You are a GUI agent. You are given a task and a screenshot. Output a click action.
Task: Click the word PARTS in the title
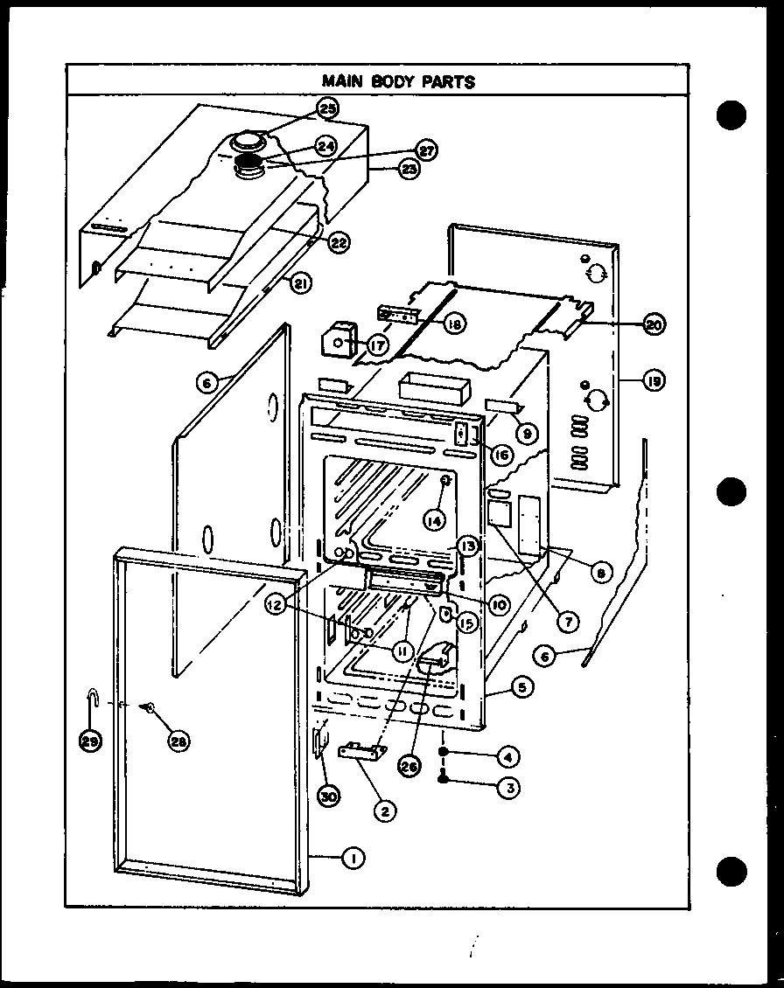pos(450,81)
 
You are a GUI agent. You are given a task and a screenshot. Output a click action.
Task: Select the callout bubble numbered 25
pos(327,108)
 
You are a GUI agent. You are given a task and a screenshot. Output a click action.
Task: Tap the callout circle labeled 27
pos(425,150)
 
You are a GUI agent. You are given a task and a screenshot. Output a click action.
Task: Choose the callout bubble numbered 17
pos(376,346)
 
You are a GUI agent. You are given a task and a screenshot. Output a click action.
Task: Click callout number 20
pos(653,324)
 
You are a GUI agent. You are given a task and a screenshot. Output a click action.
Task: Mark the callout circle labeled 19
pos(653,380)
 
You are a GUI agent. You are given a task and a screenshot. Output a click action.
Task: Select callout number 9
pos(527,430)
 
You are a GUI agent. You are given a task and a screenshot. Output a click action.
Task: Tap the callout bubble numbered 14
pos(434,519)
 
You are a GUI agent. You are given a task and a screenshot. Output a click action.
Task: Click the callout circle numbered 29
pos(89,741)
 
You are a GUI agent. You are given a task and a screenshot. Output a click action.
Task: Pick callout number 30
pos(329,797)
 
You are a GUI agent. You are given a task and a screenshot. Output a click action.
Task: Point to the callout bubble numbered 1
pos(353,859)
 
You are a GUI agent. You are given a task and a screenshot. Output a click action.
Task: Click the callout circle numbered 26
pos(407,766)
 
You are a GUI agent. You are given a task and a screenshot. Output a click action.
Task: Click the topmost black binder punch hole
pos(731,116)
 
